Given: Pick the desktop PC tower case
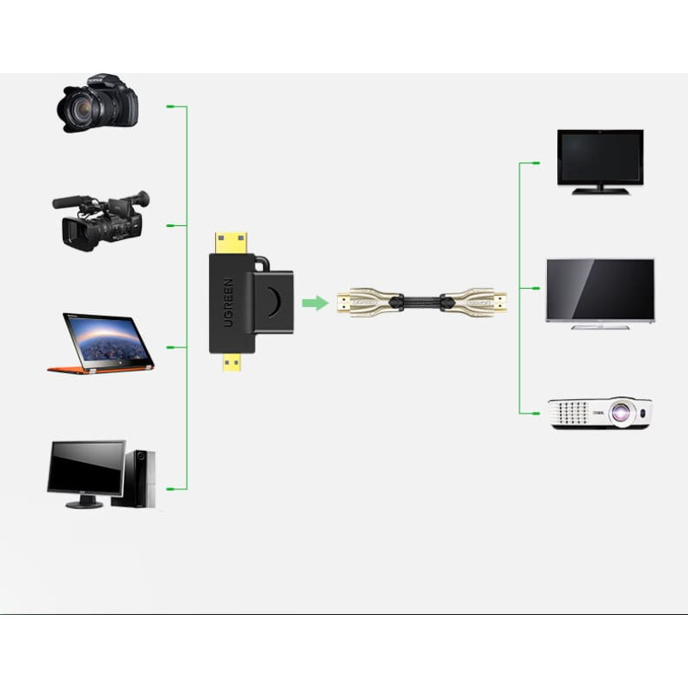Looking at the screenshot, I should point(140,478).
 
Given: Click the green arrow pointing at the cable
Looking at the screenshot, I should point(316,303).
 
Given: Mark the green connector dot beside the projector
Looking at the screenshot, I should point(537,413).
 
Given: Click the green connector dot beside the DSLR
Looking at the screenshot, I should point(170,107).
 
